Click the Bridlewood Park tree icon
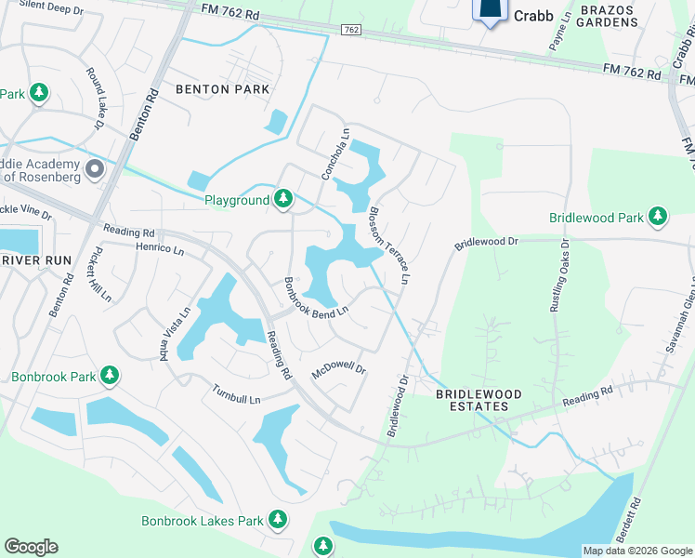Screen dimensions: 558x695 pos(658,217)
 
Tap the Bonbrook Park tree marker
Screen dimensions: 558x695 pos(111,376)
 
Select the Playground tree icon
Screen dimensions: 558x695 pos(283,199)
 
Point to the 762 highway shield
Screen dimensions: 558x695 pos(350,30)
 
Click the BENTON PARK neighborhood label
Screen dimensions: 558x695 pos(222,89)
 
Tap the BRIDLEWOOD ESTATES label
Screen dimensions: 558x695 pos(473,400)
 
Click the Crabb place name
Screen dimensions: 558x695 pos(534,16)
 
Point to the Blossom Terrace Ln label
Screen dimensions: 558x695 pos(389,243)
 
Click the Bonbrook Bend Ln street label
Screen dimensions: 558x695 pos(316,297)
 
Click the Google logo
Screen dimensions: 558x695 pos(31,547)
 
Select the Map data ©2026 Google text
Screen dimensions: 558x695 pos(637,551)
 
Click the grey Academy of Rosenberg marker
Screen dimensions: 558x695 pos(95,169)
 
